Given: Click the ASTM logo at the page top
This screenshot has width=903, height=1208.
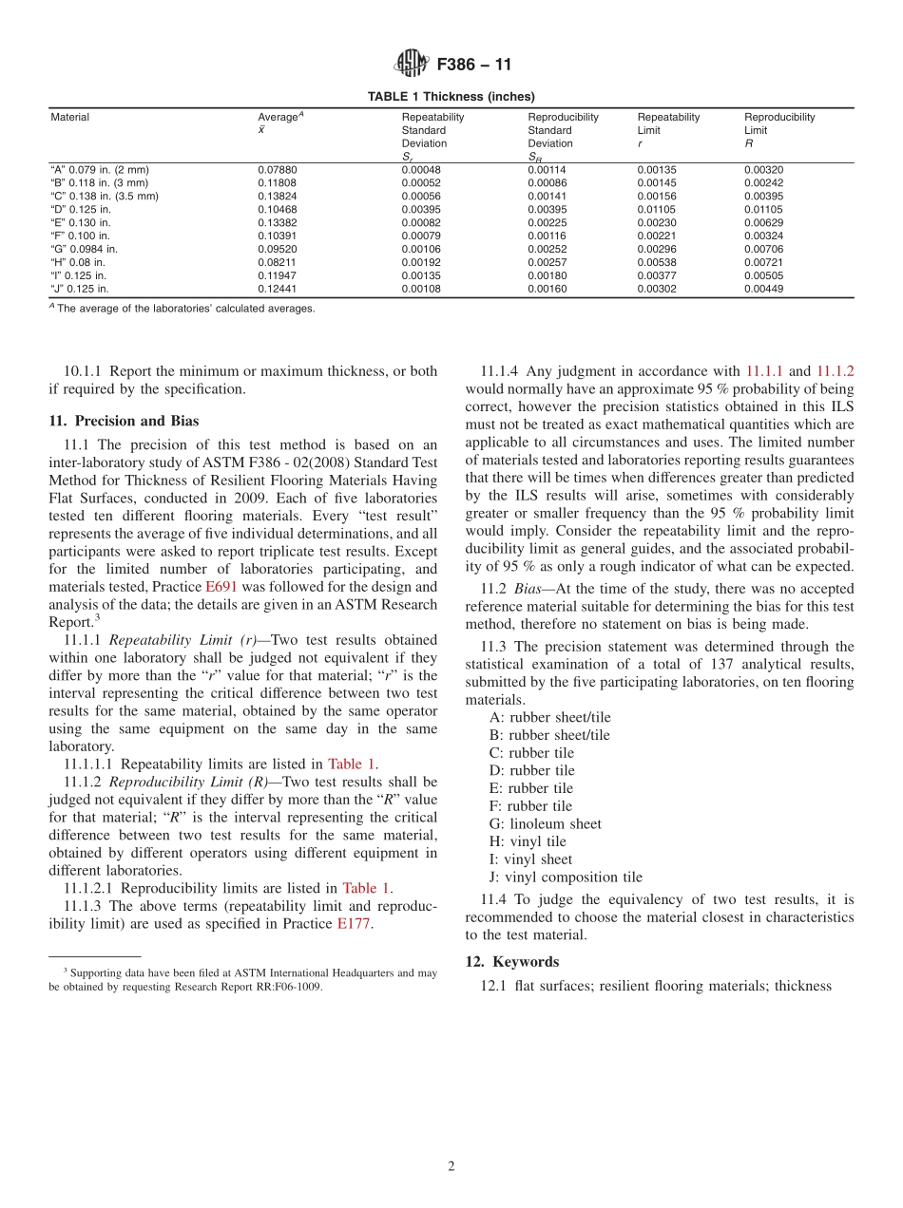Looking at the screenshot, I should (x=411, y=65).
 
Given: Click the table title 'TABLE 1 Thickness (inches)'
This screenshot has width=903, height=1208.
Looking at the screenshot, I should (x=451, y=96).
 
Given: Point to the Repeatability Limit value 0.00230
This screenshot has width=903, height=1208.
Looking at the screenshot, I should (x=656, y=223).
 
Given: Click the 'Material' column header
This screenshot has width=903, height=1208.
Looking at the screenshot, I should (x=69, y=118).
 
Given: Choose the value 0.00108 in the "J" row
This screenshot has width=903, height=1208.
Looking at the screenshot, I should (x=420, y=290).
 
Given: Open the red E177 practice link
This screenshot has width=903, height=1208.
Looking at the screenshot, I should (x=355, y=924).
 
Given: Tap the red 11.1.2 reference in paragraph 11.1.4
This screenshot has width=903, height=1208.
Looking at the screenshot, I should (x=835, y=371).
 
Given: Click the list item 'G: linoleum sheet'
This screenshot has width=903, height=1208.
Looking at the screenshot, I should (x=546, y=823).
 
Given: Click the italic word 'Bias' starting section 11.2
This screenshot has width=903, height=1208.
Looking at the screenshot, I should (x=528, y=589).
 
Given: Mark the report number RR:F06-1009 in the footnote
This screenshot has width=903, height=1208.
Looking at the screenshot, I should (x=282, y=986).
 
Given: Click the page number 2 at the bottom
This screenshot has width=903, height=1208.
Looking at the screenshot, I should (x=451, y=1166).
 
